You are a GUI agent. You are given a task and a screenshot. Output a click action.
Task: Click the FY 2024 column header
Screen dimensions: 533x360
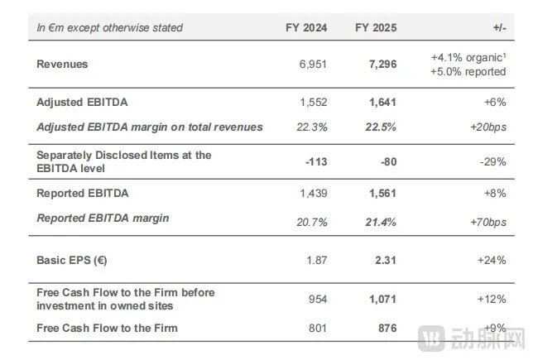tap(306, 27)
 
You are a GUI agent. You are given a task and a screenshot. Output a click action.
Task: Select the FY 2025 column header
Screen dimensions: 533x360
tap(376, 27)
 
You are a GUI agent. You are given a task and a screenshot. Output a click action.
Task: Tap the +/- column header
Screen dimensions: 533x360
tap(499, 27)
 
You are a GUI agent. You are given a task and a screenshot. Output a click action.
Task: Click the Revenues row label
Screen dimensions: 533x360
tap(62, 64)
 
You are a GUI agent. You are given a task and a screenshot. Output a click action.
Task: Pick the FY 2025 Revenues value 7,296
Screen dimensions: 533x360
tap(382, 65)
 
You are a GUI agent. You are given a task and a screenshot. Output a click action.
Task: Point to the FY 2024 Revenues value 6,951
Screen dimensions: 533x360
tap(313, 65)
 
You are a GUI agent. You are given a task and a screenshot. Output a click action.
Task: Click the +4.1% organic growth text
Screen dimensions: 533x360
tap(468, 57)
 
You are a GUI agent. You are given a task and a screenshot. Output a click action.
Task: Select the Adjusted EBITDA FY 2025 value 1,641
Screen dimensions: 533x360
tap(382, 103)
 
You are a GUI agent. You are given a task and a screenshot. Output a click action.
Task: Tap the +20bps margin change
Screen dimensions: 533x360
tap(488, 127)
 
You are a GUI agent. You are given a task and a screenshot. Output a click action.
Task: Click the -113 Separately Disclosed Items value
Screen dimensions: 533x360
tap(316, 162)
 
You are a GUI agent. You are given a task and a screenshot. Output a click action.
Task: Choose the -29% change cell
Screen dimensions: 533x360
tap(492, 162)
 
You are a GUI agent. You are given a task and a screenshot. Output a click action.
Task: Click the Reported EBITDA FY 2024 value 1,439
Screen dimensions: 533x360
tap(314, 194)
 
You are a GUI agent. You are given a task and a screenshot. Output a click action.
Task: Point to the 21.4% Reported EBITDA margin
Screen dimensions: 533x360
tap(381, 223)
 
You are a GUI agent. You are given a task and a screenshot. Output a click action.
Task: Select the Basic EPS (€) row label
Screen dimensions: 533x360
tap(72, 261)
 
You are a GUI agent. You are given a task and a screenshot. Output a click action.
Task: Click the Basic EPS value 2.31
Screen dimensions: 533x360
tap(386, 261)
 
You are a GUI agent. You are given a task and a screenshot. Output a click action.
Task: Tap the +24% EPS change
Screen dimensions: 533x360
tap(492, 261)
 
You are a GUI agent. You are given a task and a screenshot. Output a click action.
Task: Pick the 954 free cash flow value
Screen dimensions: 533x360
tap(318, 299)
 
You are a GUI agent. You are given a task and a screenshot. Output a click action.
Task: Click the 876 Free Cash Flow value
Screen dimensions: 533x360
tap(387, 328)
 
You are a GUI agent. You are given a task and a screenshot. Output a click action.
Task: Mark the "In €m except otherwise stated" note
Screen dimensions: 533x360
tap(109, 27)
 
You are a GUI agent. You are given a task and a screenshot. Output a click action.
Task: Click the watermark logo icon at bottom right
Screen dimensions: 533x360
tap(431, 338)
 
